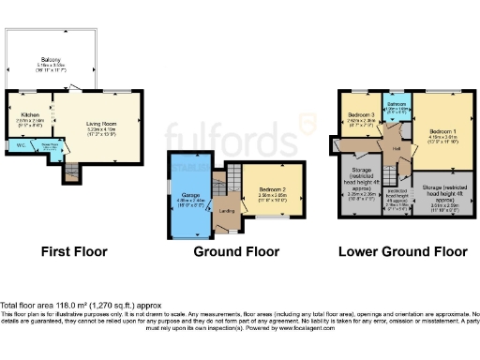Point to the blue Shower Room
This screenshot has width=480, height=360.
47,147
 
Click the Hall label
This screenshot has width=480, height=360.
397,147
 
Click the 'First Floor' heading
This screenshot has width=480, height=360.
74,251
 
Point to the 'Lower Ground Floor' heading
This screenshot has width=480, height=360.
403,251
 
